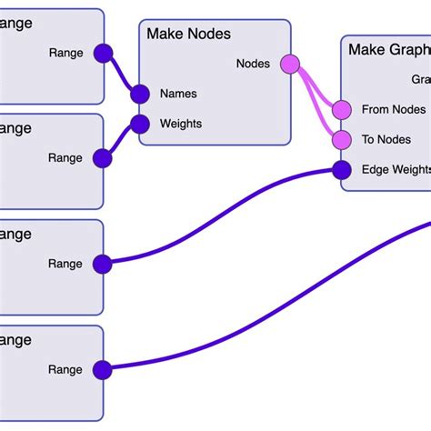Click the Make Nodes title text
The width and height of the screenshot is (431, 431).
click(x=189, y=34)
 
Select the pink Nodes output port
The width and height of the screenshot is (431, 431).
click(x=290, y=64)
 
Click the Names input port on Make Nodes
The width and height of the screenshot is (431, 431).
click(x=140, y=94)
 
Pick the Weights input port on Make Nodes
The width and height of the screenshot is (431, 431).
click(x=140, y=124)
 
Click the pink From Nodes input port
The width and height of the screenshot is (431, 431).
click(x=341, y=110)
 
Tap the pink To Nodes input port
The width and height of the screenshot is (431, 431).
click(x=341, y=140)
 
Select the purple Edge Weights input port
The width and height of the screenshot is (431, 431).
click(x=341, y=170)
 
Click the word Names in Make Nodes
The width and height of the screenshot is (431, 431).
click(x=178, y=94)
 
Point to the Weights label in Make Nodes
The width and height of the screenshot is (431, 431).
click(x=181, y=124)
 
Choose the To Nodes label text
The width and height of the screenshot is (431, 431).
click(x=386, y=140)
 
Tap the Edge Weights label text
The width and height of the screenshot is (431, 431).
click(x=396, y=170)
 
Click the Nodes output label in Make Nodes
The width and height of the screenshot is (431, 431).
click(x=253, y=64)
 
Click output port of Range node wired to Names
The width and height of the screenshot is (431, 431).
click(x=103, y=53)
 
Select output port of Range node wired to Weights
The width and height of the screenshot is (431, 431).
click(x=103, y=158)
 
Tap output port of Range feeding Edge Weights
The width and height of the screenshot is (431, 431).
click(x=102, y=265)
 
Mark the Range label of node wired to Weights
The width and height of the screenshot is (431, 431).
click(x=65, y=158)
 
